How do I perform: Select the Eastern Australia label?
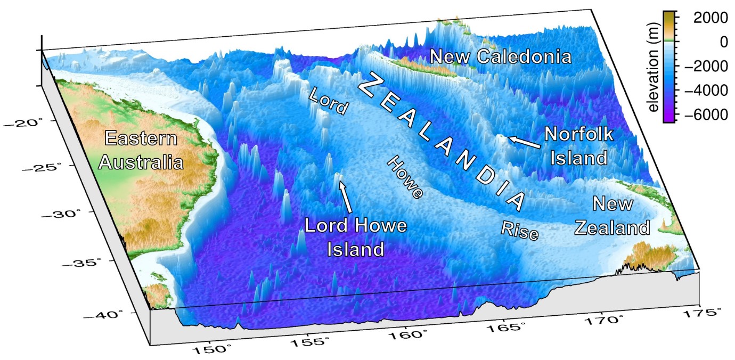pos(141,151)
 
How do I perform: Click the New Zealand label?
pos(612,216)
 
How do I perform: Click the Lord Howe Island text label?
pos(356,237)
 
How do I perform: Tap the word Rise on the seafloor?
pos(520,230)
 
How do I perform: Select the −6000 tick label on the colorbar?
pos(699,115)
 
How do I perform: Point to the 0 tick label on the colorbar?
pos(724,42)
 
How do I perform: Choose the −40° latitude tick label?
pos(112,314)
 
